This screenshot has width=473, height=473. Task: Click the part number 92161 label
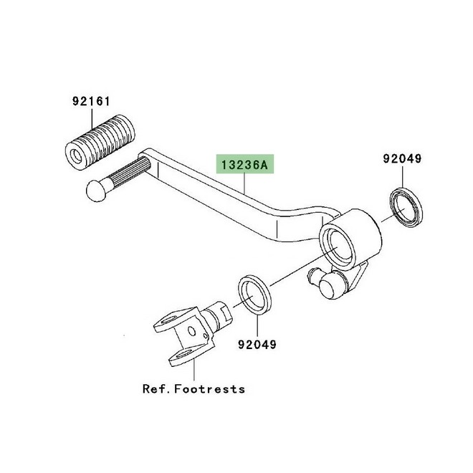tap(92, 101)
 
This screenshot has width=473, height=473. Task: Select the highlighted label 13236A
tap(245, 165)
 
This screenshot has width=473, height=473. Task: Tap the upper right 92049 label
tap(402, 158)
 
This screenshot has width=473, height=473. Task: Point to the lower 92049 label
tap(257, 344)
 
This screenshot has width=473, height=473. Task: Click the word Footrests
tap(210, 389)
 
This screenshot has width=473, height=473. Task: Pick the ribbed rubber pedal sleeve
tap(100, 143)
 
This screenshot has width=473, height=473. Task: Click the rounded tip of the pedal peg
tap(96, 191)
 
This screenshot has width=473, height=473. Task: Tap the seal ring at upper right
tap(406, 207)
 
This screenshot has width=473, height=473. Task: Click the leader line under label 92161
tap(92, 119)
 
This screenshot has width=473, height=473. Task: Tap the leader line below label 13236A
tap(244, 183)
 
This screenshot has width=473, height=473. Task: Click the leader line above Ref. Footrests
tap(194, 370)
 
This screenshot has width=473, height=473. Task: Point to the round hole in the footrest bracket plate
tap(191, 331)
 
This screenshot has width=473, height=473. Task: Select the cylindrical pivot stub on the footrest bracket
tap(219, 314)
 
